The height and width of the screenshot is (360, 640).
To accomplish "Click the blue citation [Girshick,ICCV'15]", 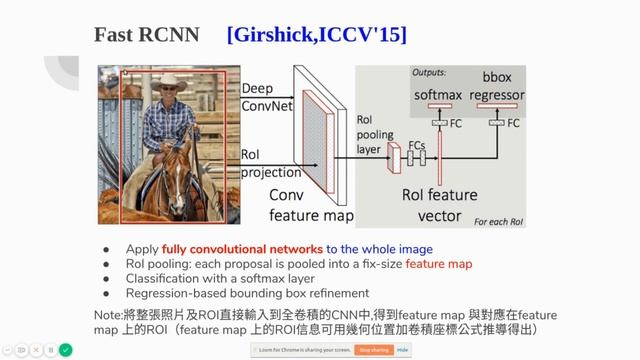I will pos(317,35).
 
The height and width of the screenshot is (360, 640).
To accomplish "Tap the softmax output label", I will pos(438,96).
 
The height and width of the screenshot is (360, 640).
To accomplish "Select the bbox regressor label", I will pos(497,88).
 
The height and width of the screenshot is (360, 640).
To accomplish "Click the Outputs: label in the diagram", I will pos(429,73).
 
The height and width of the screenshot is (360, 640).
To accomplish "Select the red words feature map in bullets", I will pos(433,263).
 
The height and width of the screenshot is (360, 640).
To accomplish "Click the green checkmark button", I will pos(65,350).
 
